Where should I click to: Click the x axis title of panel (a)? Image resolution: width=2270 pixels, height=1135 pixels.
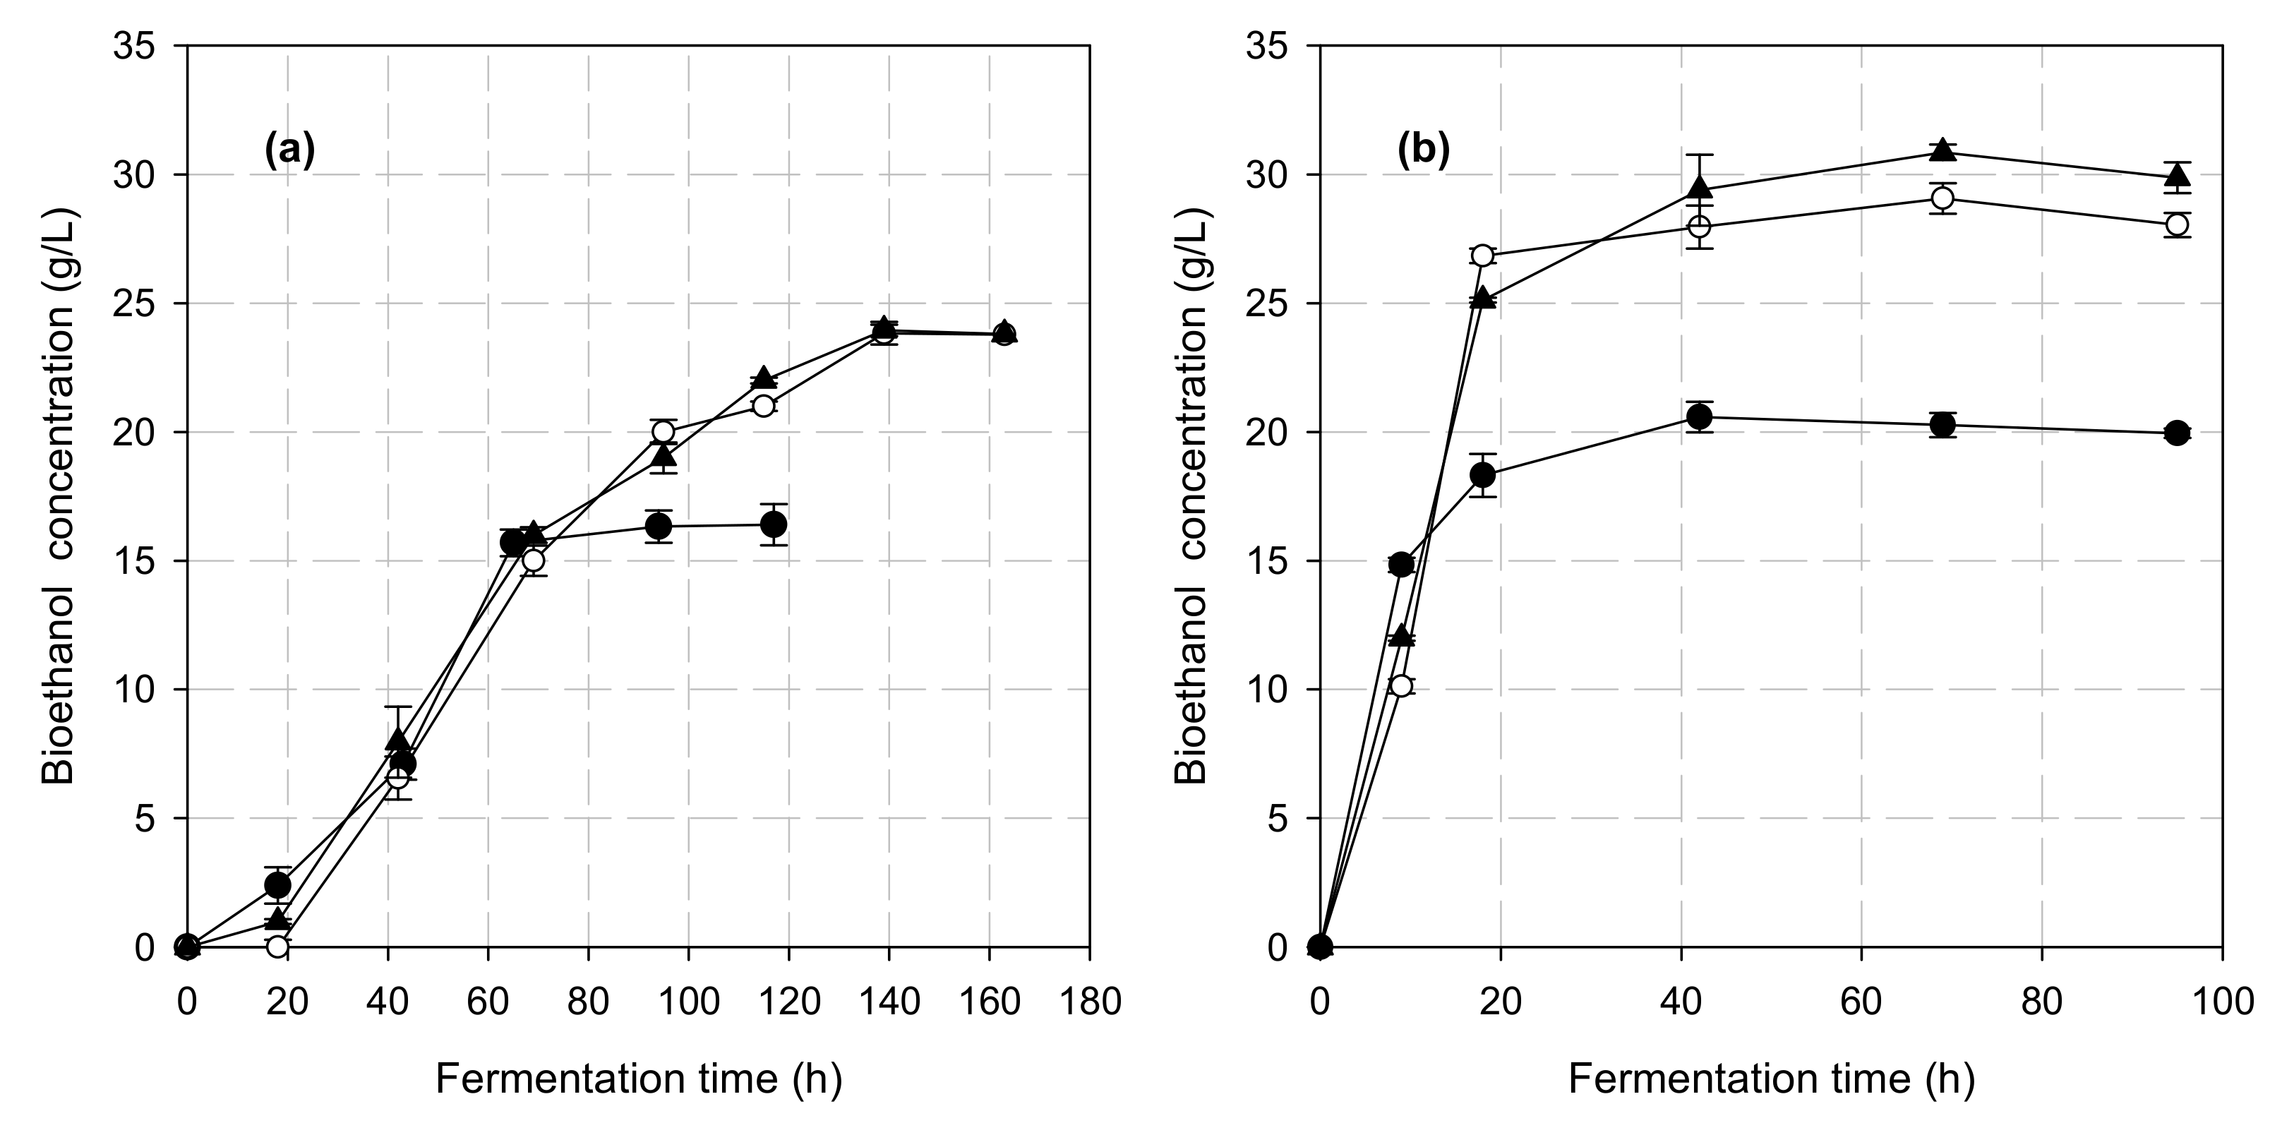(639, 1079)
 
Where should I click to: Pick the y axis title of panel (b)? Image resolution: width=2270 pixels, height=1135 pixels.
(1193, 496)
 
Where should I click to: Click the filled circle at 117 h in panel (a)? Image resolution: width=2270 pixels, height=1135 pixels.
(774, 524)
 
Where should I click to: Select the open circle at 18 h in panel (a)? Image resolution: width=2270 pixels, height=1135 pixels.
(277, 947)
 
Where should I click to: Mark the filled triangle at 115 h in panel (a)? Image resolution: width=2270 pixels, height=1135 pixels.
(764, 377)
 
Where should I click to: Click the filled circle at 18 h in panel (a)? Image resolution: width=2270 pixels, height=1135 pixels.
(277, 884)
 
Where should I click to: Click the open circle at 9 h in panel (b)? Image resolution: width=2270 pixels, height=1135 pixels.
(1401, 685)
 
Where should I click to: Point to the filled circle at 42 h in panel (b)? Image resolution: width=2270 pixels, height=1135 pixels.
(1700, 417)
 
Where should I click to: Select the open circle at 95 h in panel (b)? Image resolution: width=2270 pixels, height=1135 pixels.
(2178, 224)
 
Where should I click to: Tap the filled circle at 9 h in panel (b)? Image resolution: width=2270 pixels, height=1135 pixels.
(1401, 565)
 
